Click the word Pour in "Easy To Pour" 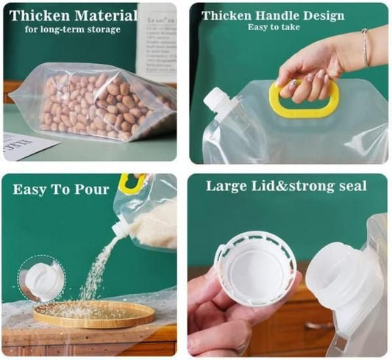pos(90,190)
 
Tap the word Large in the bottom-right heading pos(226,187)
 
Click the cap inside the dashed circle pos(41,279)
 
